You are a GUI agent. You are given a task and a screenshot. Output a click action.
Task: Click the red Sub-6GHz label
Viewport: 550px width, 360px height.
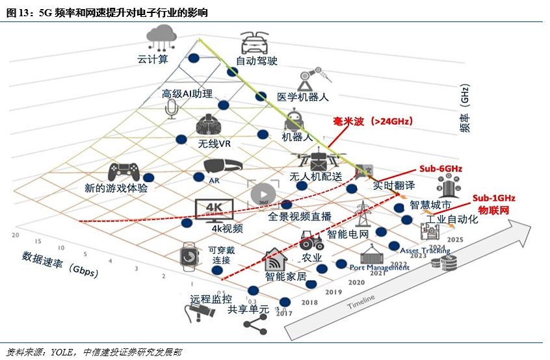(x=440, y=168)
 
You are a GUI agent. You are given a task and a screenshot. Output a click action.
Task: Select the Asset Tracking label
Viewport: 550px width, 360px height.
(x=425, y=250)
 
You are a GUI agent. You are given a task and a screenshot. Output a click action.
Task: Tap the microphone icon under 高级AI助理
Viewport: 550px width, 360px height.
(x=172, y=109)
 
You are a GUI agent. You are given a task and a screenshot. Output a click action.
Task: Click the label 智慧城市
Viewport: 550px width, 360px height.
(x=430, y=205)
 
